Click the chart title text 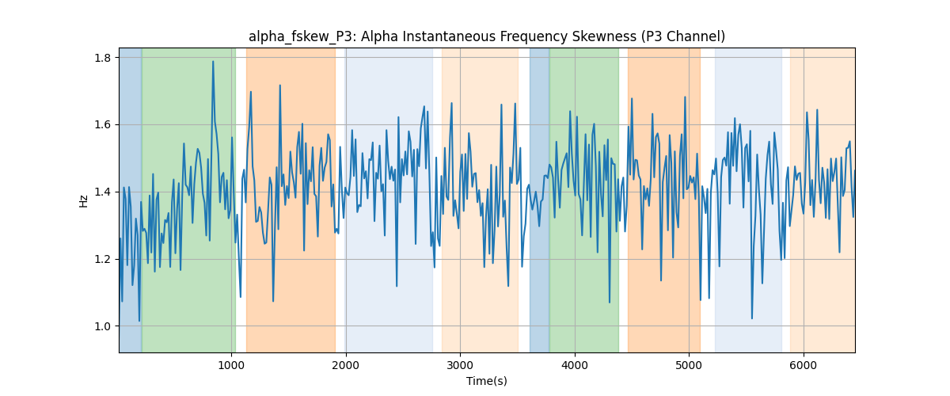pyautogui.click(x=486, y=37)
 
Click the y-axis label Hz pyautogui.click(x=84, y=201)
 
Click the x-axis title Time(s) pyautogui.click(x=486, y=381)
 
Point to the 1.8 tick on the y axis pyautogui.click(x=102, y=58)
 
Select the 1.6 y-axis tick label pyautogui.click(x=102, y=125)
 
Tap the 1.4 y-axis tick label pyautogui.click(x=102, y=192)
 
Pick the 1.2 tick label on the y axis pyautogui.click(x=102, y=259)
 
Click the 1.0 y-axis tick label pyautogui.click(x=102, y=326)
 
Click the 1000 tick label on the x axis pyautogui.click(x=231, y=365)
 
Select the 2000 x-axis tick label pyautogui.click(x=346, y=365)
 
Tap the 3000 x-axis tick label pyautogui.click(x=460, y=365)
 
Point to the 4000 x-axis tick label pyautogui.click(x=575, y=365)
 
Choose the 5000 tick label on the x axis pyautogui.click(x=689, y=365)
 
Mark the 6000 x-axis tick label pyautogui.click(x=804, y=365)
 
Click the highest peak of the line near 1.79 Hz pyautogui.click(x=213, y=61)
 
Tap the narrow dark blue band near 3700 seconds pyautogui.click(x=539, y=200)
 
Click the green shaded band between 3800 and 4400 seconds pyautogui.click(x=584, y=200)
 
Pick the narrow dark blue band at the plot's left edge pyautogui.click(x=131, y=200)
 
